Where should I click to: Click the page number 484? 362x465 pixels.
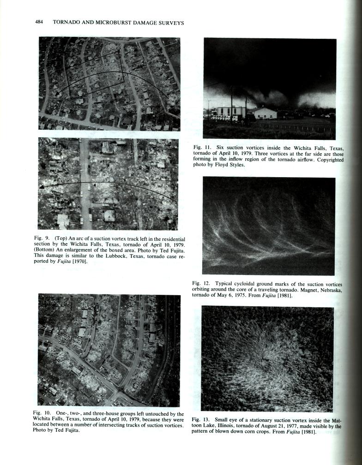pos(39,23)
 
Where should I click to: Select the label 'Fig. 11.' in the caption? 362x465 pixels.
pos(201,147)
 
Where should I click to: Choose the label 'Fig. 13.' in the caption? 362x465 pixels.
pos(200,420)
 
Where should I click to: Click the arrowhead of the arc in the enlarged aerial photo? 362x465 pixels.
pos(41,187)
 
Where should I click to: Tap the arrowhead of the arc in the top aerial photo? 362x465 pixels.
pos(57,94)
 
